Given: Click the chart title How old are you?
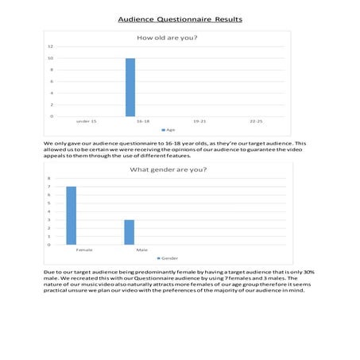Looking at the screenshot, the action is coord(168,38).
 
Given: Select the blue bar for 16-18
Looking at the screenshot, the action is coord(130,87).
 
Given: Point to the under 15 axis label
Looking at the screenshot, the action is coord(86,122).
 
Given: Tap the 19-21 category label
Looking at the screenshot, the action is coord(199,122).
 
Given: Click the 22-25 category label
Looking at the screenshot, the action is coord(256,122).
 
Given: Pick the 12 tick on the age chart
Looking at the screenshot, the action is coord(51,47).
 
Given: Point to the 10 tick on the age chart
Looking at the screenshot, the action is coord(51,58).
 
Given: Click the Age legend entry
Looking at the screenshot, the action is coord(169,130).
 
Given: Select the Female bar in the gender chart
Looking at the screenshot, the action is coord(72,215).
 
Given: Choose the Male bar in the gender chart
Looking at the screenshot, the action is coord(130,232).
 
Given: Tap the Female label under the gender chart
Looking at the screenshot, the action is coord(84,250).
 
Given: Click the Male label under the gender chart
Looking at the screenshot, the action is coord(141,250).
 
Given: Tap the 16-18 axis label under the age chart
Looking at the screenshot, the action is coord(143,122).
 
